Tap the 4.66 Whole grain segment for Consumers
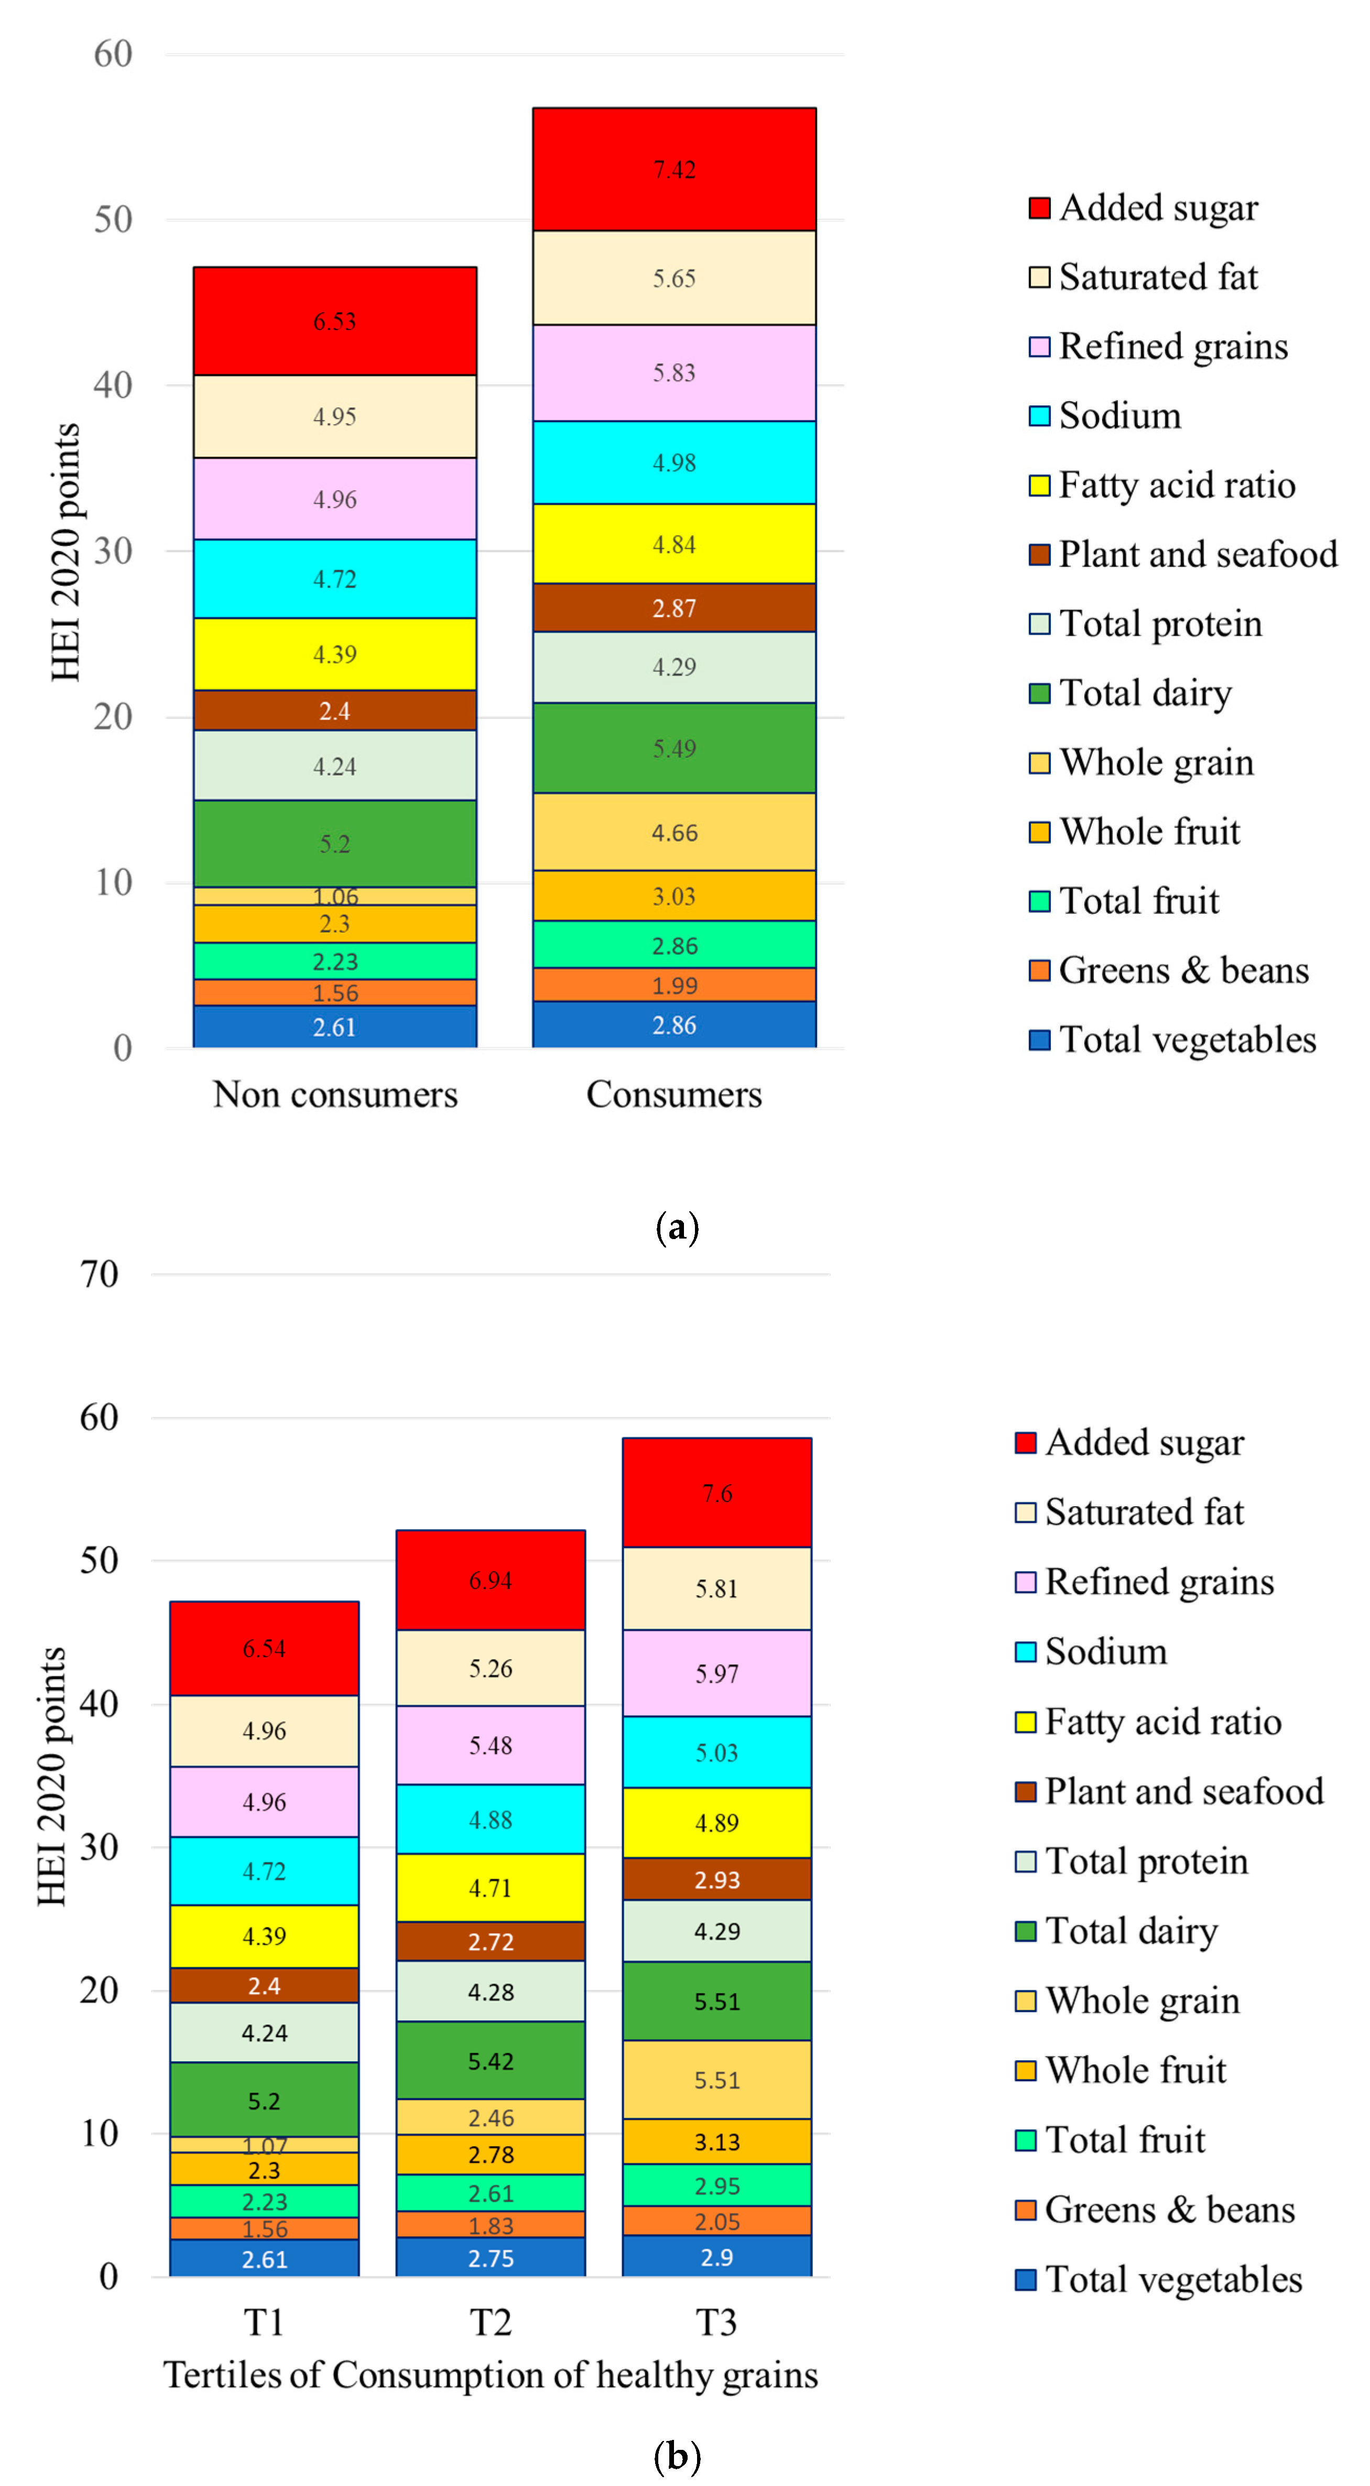[674, 832]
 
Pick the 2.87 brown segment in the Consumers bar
[674, 608]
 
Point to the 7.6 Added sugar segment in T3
[716, 1493]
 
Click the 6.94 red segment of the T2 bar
[491, 1580]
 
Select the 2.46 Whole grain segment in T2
[491, 2117]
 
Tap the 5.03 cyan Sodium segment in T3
[716, 1752]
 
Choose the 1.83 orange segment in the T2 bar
[491, 2225]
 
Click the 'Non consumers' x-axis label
[335, 1095]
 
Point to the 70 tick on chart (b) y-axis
[100, 1274]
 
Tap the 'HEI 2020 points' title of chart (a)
[66, 552]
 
